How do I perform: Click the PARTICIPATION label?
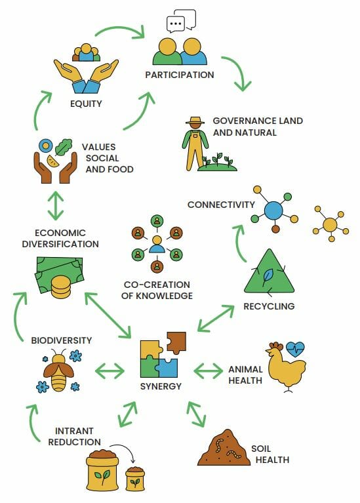(180, 75)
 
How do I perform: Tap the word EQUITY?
(86, 104)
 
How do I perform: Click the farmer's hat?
(195, 121)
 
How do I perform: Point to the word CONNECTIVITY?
(221, 205)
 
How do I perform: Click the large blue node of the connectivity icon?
(273, 211)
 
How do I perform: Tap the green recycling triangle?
(269, 272)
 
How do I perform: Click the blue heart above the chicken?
(295, 349)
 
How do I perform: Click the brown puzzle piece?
(176, 342)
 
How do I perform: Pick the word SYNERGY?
(161, 386)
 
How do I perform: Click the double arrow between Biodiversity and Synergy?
(110, 371)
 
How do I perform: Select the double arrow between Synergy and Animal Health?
(208, 371)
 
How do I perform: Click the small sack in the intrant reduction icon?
(135, 479)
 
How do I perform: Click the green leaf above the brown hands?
(64, 147)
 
